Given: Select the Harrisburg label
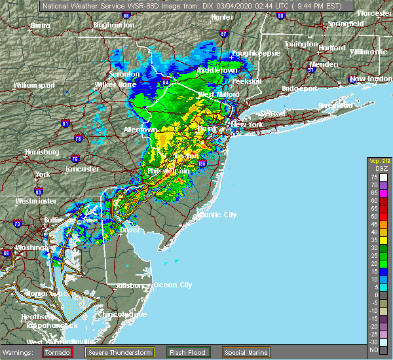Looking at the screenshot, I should [42, 152].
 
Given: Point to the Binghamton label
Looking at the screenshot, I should [113, 25].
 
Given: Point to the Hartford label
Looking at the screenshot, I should [314, 48].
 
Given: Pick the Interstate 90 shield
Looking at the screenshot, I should [280, 14].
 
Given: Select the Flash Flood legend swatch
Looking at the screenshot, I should [174, 352].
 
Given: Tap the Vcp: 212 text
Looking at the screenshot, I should [377, 160].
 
